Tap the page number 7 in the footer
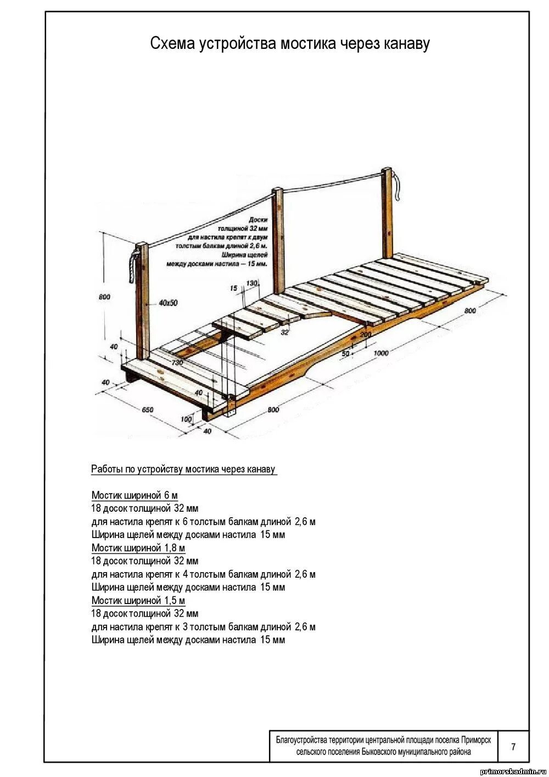pos(513,746)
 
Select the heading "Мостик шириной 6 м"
pos(135,495)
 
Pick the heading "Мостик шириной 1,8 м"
pos(138,548)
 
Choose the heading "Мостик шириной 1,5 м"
pos(138,600)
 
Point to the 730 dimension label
pos(177,362)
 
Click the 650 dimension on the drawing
pos(148,410)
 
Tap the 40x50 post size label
pos(168,303)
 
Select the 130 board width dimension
pos(251,283)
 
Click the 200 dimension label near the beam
pos(365,334)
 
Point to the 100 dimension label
pos(187,419)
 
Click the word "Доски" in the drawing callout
pos(257,220)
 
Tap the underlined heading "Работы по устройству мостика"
pos(183,469)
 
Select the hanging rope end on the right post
pos(397,189)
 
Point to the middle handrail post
pos(278,242)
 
